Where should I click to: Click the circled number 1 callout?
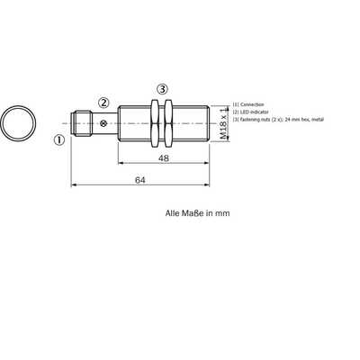coord(59,140)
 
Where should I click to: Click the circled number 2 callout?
coord(103,103)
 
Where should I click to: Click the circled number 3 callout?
coord(162,89)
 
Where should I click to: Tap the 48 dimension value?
coord(164,158)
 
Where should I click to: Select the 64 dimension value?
coord(140,180)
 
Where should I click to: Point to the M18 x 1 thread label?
coord(223,123)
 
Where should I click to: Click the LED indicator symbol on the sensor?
coord(103,123)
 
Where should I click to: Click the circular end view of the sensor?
coord(19,123)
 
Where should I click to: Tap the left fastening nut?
coord(155,123)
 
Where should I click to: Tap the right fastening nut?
coord(168,123)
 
